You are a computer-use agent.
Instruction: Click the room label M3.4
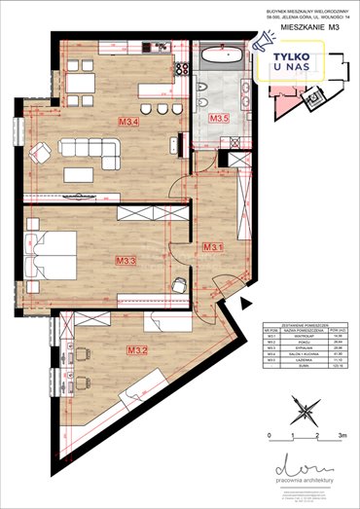click(x=128, y=123)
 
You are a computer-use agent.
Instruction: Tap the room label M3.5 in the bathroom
click(x=219, y=119)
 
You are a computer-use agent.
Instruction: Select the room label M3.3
click(x=125, y=260)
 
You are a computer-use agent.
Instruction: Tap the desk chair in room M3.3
click(x=180, y=284)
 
